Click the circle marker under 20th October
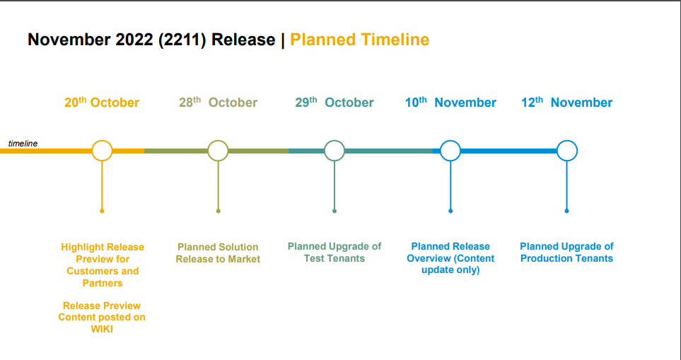click(x=102, y=141)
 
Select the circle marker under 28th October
click(x=218, y=141)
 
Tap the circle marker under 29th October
click(x=334, y=141)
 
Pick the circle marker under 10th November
click(x=450, y=141)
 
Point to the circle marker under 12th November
click(x=566, y=141)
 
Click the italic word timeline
click(x=23, y=144)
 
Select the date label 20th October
click(x=102, y=103)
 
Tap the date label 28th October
click(x=218, y=103)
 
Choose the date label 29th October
click(x=334, y=103)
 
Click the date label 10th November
click(x=450, y=103)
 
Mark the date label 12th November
click(x=566, y=103)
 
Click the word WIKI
click(x=102, y=329)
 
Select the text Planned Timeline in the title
click(x=360, y=40)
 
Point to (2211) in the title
click(x=182, y=40)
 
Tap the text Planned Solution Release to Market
click(x=218, y=253)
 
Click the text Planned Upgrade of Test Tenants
click(x=334, y=252)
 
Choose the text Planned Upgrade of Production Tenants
click(x=566, y=252)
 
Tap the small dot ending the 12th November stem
click(x=566, y=211)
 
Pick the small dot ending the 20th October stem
click(x=102, y=211)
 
